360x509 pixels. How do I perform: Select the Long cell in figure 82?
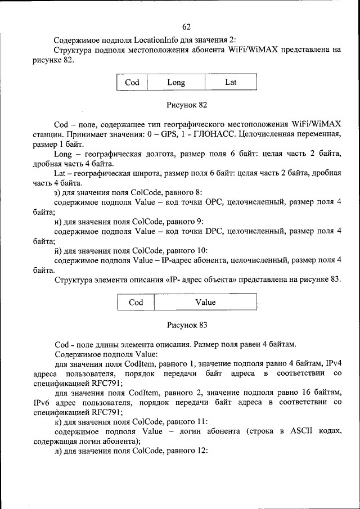(176, 82)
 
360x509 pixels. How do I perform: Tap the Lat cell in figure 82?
(231, 82)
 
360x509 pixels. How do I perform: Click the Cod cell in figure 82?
(132, 82)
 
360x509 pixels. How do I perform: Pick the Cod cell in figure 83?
(136, 302)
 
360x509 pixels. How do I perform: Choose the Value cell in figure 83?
(205, 302)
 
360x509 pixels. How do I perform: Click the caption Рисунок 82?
(187, 105)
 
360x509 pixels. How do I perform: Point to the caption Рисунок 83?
(187, 325)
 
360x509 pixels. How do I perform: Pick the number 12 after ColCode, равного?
(201, 451)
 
